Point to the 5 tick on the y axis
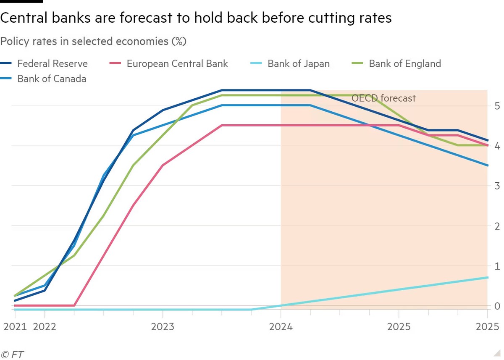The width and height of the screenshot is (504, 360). pos(496,105)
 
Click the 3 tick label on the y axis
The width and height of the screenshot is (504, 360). pos(496,185)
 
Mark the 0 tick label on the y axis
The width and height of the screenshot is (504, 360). pos(496,306)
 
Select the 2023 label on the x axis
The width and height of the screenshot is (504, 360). pos(163,327)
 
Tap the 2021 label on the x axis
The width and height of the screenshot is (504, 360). pos(14,327)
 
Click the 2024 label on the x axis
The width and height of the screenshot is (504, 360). pos(281,327)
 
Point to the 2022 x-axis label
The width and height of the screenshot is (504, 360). pos(44,327)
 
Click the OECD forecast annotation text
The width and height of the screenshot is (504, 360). pos(383,98)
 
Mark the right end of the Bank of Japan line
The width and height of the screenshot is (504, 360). pos(487,277)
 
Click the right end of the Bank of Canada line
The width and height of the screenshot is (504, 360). pos(487,166)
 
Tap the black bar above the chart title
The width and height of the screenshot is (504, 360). pos(21,1)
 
